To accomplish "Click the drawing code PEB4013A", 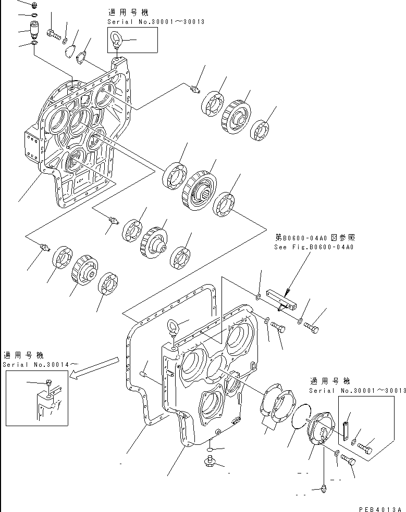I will tap(382, 507).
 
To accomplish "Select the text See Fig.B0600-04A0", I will tap(314, 247).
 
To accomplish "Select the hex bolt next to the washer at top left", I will tap(54, 34).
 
